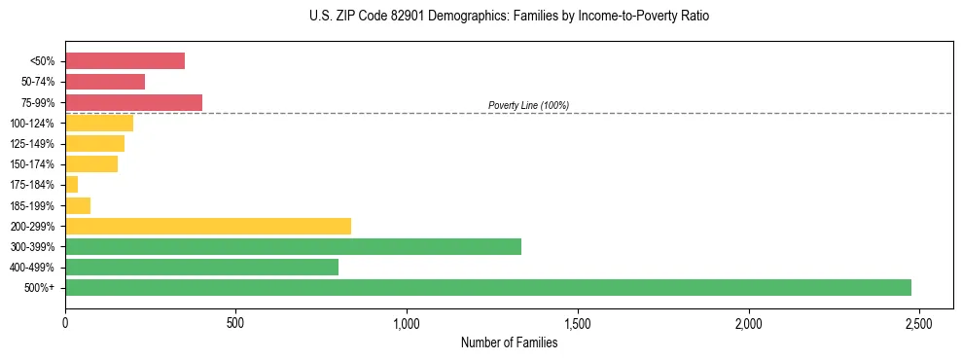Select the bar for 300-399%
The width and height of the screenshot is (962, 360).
(x=293, y=246)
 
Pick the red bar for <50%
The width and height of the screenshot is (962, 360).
(x=125, y=61)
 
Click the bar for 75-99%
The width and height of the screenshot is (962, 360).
(x=133, y=102)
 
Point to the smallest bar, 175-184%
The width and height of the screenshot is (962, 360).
(x=71, y=185)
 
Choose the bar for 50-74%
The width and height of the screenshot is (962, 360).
(x=105, y=82)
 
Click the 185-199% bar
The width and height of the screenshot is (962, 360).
(x=78, y=205)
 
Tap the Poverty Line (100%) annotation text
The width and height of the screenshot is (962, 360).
(x=528, y=105)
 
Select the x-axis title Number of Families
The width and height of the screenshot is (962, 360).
(x=509, y=342)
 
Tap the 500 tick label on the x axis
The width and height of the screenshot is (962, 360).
(x=235, y=323)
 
